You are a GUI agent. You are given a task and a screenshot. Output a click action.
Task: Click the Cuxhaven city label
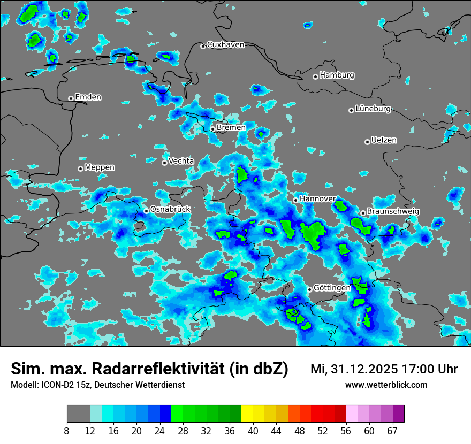pyautogui.click(x=225, y=45)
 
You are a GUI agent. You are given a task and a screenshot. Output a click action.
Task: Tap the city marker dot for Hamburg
pyautogui.click(x=315, y=76)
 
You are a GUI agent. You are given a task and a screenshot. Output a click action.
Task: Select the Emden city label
pyautogui.click(x=88, y=97)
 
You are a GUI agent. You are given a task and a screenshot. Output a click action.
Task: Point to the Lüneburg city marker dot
pyautogui.click(x=351, y=110)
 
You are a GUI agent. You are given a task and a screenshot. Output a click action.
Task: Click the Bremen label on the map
pyautogui.click(x=231, y=128)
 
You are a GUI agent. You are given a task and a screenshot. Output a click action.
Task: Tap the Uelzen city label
pyautogui.click(x=384, y=141)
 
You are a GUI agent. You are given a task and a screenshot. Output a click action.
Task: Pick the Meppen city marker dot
pyautogui.click(x=80, y=169)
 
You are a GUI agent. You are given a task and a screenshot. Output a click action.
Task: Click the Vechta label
pyautogui.click(x=181, y=161)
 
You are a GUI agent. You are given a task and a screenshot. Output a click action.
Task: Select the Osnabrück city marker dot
pyautogui.click(x=146, y=211)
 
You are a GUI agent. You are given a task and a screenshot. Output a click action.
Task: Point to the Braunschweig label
pyautogui.click(x=393, y=212)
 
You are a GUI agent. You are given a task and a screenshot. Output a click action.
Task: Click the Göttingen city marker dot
pyautogui.click(x=309, y=289)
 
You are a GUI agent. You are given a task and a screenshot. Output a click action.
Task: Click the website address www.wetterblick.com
pyautogui.click(x=386, y=385)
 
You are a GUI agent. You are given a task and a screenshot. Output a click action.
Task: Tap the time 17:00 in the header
pyautogui.click(x=417, y=369)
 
